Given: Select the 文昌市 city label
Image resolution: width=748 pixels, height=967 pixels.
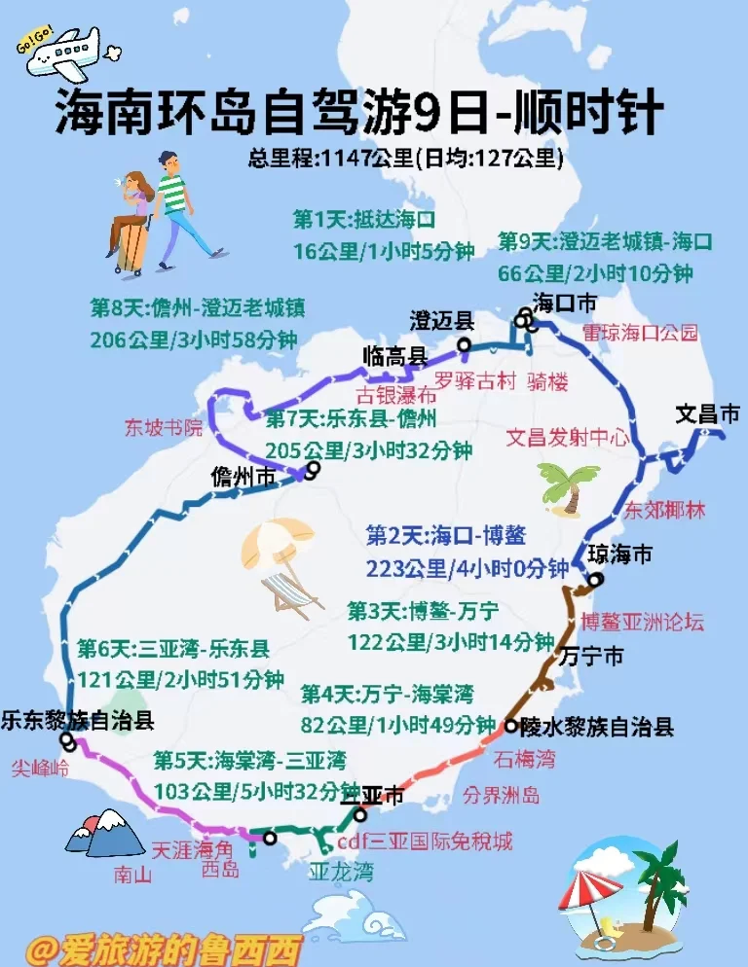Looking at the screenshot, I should (x=707, y=415).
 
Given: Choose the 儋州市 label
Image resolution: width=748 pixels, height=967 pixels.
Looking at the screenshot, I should (x=243, y=478).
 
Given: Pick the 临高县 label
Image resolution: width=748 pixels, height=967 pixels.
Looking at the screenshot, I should (x=394, y=356).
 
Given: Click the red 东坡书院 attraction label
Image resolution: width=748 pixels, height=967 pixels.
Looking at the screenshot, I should (x=163, y=426).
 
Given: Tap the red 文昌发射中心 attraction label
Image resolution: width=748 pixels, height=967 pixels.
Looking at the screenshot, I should (x=567, y=438).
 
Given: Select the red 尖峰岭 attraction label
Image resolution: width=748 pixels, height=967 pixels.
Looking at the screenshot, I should (x=41, y=769).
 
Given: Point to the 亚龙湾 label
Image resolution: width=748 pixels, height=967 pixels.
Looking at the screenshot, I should (x=341, y=870).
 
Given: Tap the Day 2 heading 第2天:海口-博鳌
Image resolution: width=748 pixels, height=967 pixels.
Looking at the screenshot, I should (x=446, y=536).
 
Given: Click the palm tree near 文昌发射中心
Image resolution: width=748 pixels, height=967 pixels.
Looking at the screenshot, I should (x=568, y=483).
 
